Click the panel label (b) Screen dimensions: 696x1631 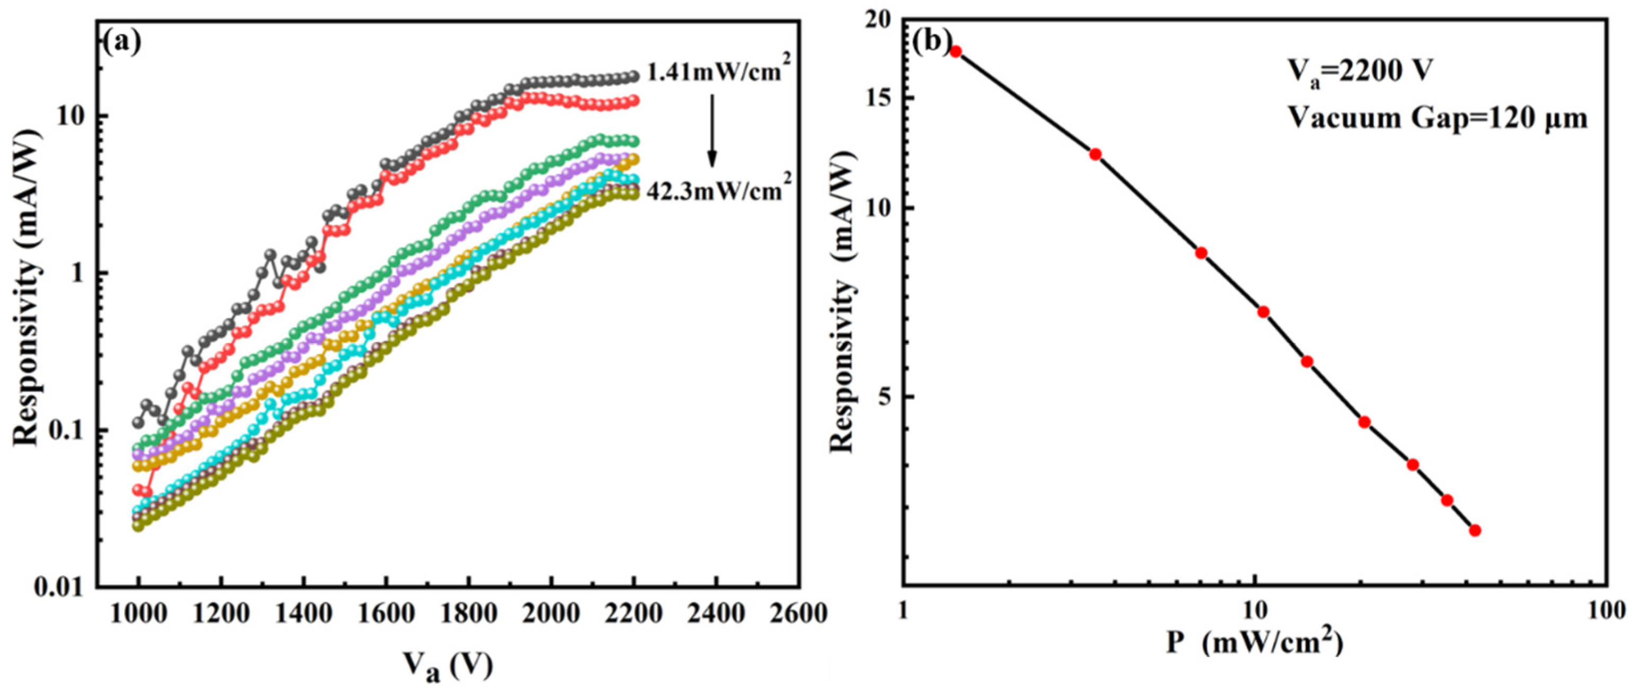tap(930, 42)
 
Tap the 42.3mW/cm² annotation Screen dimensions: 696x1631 tap(719, 189)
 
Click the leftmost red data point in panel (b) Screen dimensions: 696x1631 tap(956, 51)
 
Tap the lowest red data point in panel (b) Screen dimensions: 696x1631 tap(1475, 530)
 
